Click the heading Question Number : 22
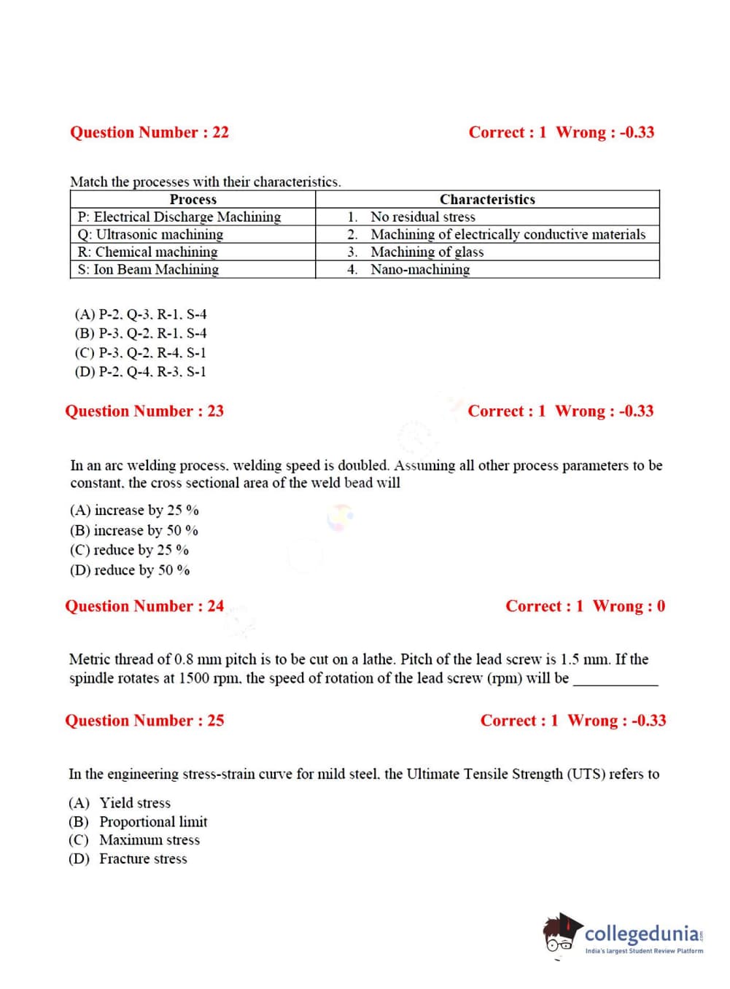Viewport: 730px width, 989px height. tap(149, 132)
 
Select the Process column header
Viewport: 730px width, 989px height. tap(193, 199)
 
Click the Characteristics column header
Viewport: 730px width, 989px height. tap(487, 199)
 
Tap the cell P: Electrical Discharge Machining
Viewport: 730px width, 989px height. tap(179, 217)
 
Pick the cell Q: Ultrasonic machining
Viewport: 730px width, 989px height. tap(150, 234)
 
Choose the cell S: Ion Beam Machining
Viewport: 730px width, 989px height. tap(148, 269)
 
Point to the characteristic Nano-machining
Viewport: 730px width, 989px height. tap(419, 269)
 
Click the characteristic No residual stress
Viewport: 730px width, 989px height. tap(422, 217)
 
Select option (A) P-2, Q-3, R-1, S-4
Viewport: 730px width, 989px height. tap(140, 314)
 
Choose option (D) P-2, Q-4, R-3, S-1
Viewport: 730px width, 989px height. tap(140, 371)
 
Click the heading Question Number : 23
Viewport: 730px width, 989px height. tap(144, 411)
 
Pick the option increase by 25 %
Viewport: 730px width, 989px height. tap(134, 510)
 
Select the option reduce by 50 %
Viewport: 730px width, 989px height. tap(130, 570)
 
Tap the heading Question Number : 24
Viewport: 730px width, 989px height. tap(144, 606)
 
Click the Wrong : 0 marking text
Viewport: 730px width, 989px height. tap(629, 606)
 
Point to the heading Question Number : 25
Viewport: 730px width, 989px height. tap(144, 721)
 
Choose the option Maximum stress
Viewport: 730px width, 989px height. tap(150, 839)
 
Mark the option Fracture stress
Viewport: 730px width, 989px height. tap(143, 858)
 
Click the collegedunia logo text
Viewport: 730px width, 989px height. tap(642, 934)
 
